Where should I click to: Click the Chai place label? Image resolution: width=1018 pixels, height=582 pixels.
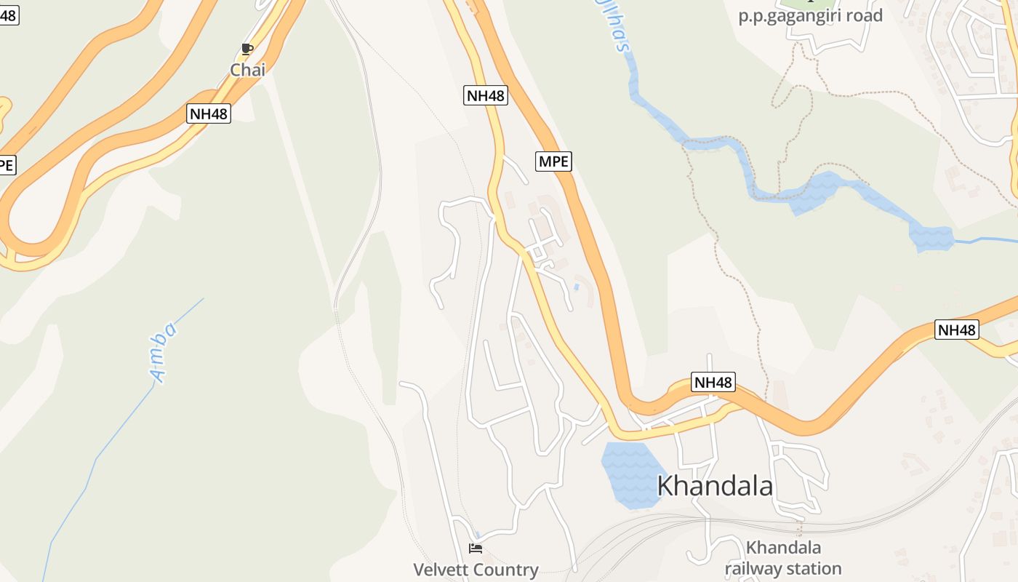click(248, 70)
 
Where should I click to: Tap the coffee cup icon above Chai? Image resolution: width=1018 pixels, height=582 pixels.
click(247, 49)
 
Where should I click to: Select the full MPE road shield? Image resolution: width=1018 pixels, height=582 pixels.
click(553, 161)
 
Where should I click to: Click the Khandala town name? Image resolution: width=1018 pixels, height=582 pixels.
click(714, 486)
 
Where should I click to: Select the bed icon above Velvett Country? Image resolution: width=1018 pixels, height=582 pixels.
click(476, 548)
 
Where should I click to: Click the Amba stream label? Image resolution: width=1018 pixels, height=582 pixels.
click(164, 352)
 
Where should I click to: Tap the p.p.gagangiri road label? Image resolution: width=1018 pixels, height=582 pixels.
click(810, 15)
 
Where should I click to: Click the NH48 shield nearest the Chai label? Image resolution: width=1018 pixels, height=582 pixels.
click(209, 113)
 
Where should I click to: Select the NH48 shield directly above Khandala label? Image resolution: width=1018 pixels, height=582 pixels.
click(713, 382)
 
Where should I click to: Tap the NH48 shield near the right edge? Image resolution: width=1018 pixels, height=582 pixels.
click(957, 330)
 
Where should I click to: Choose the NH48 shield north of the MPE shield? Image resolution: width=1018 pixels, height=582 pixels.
click(485, 95)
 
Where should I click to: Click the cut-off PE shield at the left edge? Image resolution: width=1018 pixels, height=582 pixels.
click(7, 164)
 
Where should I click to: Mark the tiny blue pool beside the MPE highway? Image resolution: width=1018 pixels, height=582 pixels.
click(576, 287)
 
